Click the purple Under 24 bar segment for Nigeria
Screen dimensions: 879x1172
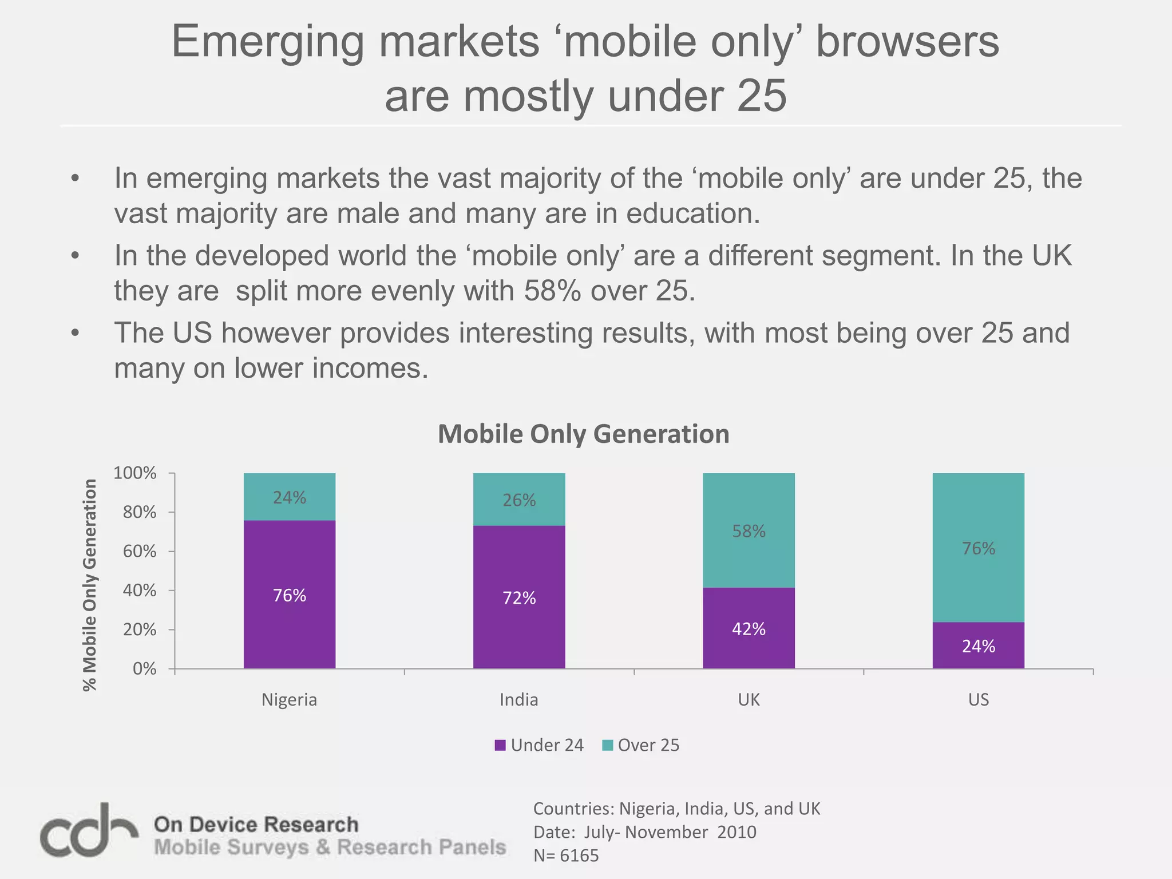point(289,629)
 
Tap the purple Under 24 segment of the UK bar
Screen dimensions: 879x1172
point(749,652)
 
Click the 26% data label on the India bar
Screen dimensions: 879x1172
point(519,501)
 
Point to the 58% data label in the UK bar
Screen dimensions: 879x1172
point(749,532)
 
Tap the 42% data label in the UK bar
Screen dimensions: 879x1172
point(749,629)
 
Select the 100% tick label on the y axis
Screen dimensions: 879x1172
point(135,473)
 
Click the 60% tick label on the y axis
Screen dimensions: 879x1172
point(139,552)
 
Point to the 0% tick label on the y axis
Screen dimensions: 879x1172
point(144,669)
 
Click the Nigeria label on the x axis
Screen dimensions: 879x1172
point(289,700)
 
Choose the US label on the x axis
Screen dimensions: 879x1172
point(978,700)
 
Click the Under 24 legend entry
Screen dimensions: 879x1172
point(539,745)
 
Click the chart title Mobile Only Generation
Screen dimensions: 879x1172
point(583,434)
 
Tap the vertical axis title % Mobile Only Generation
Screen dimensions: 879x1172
point(90,585)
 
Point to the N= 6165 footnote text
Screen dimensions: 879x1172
point(566,856)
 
